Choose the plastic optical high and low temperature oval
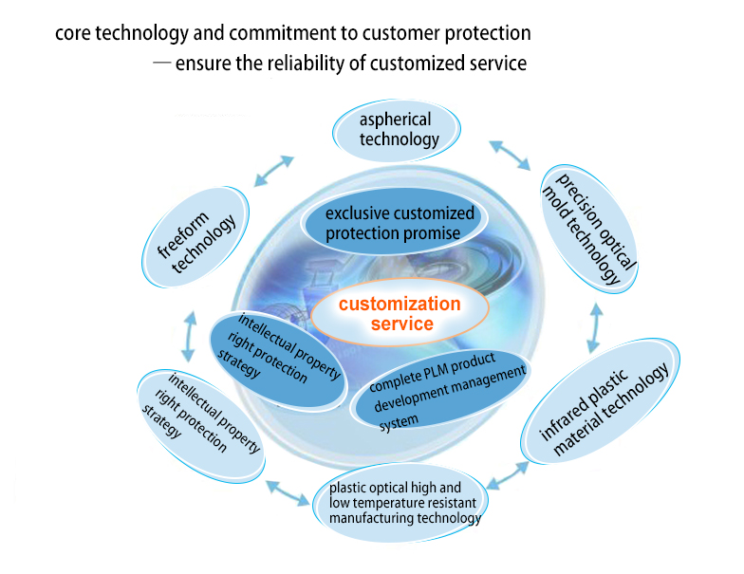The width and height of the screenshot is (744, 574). (x=405, y=503)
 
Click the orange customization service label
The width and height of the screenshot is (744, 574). (x=400, y=314)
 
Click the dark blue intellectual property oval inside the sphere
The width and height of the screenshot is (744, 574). (x=277, y=358)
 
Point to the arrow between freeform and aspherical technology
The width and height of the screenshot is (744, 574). (x=277, y=171)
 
